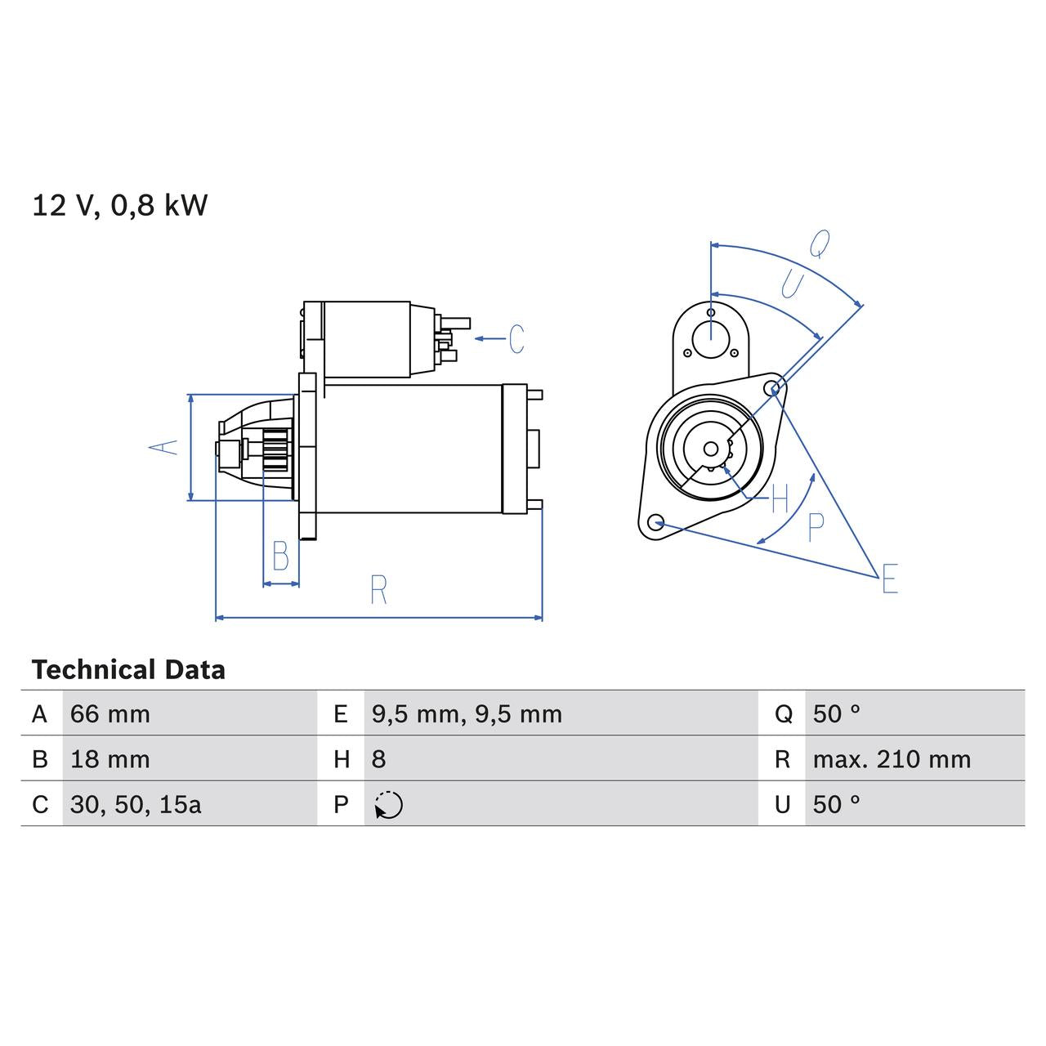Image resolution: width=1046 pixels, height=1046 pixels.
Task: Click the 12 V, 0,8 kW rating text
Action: click(120, 205)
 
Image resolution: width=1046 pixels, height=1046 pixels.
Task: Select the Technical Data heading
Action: click(128, 670)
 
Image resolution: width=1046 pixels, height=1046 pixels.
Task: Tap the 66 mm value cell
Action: click(110, 714)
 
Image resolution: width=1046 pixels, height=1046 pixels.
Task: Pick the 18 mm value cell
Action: click(110, 759)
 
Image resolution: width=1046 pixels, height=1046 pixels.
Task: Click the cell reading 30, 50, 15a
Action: click(136, 804)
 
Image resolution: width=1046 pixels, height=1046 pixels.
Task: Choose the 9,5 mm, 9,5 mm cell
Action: click(467, 714)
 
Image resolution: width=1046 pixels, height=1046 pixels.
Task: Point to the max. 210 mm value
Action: click(892, 759)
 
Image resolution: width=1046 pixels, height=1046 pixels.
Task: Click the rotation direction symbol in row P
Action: click(388, 805)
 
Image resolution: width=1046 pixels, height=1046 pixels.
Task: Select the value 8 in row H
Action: click(378, 759)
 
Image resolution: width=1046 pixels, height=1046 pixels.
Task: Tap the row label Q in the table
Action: click(783, 714)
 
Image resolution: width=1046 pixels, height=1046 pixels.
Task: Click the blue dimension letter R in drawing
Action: click(378, 590)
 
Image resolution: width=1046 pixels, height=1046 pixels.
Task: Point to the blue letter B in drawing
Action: click(280, 557)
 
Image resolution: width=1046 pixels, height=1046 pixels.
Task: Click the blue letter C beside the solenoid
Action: click(516, 338)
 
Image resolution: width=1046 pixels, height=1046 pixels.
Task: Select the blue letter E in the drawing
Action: click(890, 579)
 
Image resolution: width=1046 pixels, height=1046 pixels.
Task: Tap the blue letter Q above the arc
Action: click(820, 243)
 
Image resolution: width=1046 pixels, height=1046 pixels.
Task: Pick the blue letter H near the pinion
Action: click(780, 498)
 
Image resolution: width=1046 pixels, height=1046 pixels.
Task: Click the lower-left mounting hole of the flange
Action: click(655, 522)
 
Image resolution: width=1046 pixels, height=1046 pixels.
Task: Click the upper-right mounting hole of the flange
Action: click(773, 387)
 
